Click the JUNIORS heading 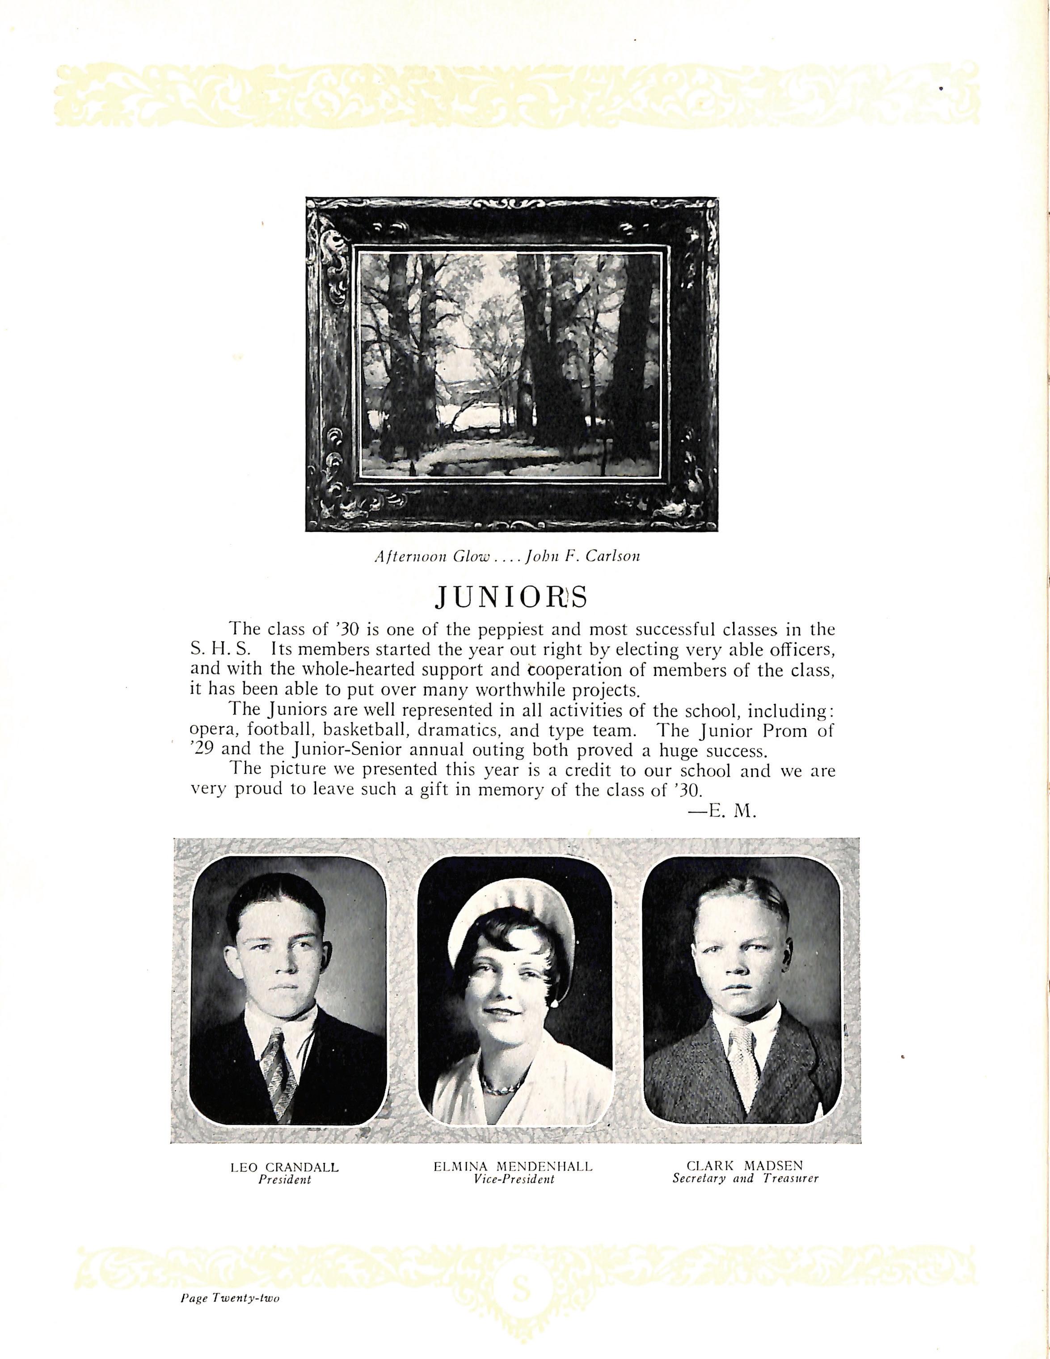510,597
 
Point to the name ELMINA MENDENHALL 513,1167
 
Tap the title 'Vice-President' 513,1180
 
